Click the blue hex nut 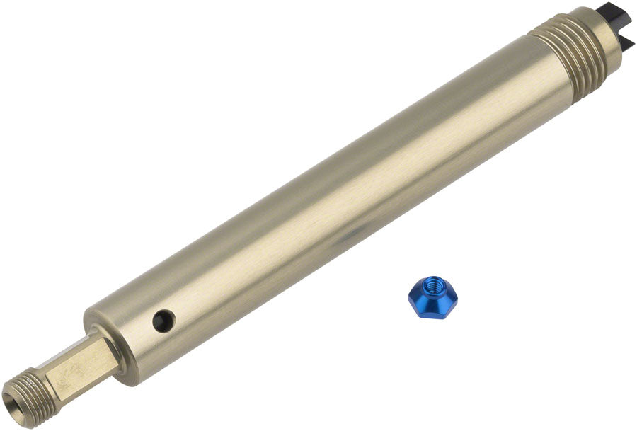(x=432, y=298)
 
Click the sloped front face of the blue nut (x=432, y=307)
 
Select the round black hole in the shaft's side (x=164, y=321)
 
